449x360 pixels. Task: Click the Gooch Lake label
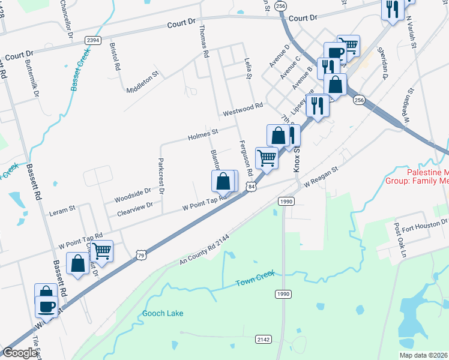click(163, 313)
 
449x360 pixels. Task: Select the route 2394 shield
click(92, 40)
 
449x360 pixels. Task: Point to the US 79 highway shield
click(140, 255)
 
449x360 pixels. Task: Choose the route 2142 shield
click(263, 339)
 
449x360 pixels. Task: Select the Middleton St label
click(142, 82)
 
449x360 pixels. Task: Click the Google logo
click(20, 352)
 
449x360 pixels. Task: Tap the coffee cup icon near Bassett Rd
click(46, 307)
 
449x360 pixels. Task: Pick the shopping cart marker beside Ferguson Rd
click(267, 158)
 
